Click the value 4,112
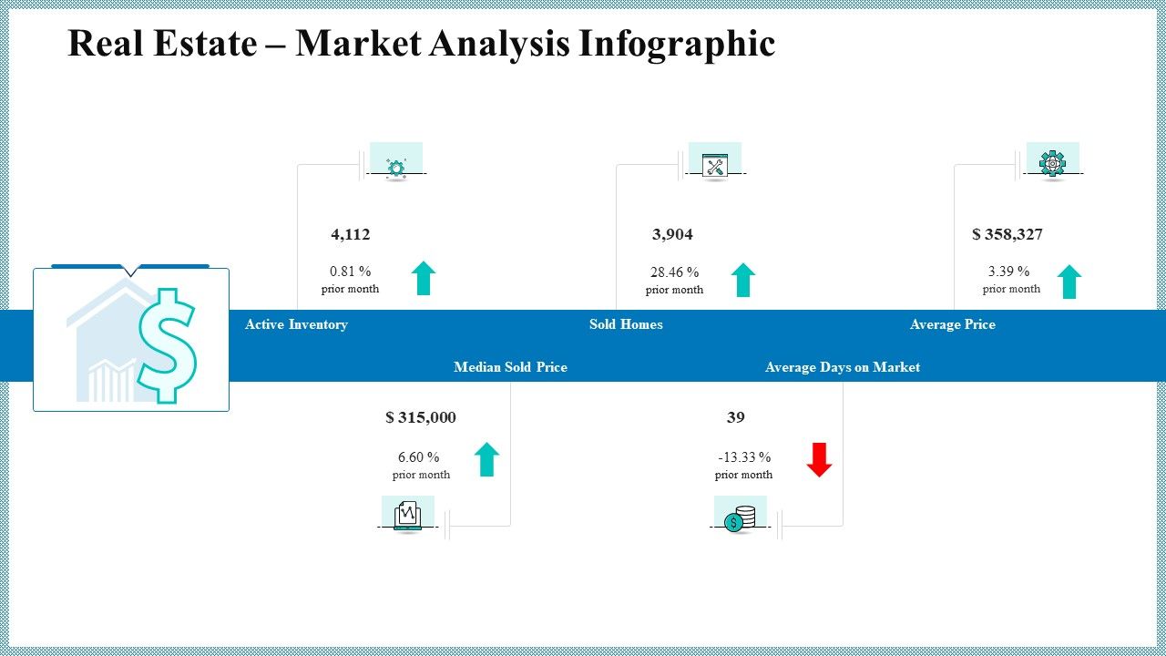pos(351,235)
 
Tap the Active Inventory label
pos(296,324)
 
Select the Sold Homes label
pos(626,324)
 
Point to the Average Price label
pos(952,324)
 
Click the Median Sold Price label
pos(510,367)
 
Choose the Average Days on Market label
pos(842,367)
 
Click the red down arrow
pos(819,459)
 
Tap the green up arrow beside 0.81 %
pos(424,278)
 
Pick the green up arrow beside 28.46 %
pos(743,280)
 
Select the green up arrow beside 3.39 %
pos(1069,282)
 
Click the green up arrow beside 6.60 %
pos(487,459)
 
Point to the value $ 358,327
pos(1007,235)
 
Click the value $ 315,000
pos(421,417)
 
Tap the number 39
pos(735,417)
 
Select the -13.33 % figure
pos(744,457)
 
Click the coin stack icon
pos(740,518)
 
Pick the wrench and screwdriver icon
pos(715,166)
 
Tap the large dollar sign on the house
pos(167,344)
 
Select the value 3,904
pos(672,235)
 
